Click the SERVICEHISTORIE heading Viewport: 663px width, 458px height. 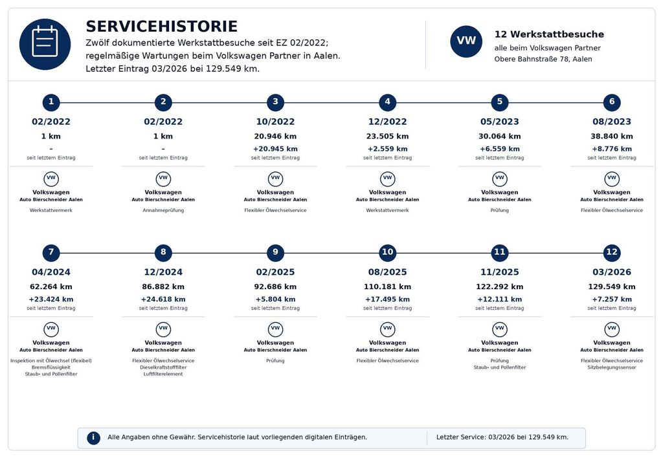(x=161, y=27)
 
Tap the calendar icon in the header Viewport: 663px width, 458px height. (x=45, y=44)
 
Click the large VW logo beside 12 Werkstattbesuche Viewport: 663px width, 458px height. (x=466, y=41)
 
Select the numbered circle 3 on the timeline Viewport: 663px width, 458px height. (x=275, y=102)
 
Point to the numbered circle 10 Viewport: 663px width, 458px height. (x=387, y=253)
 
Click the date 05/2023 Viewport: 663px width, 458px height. (x=499, y=122)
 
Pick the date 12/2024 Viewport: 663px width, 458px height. (x=163, y=272)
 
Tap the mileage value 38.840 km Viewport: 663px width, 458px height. (x=611, y=136)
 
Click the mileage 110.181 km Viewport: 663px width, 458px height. (x=387, y=287)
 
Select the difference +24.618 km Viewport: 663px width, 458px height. (x=163, y=299)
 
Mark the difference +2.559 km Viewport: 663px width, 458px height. (x=387, y=149)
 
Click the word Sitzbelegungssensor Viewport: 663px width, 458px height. (x=611, y=367)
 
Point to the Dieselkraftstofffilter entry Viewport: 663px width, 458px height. (x=163, y=367)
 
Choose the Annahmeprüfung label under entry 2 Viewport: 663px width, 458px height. (x=163, y=210)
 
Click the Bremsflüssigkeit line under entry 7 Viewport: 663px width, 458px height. (x=51, y=367)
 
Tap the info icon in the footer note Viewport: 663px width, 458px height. (x=93, y=438)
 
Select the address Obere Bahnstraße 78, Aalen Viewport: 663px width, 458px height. (x=543, y=59)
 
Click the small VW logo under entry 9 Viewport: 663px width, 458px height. (x=275, y=329)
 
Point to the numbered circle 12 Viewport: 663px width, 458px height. (x=611, y=253)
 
